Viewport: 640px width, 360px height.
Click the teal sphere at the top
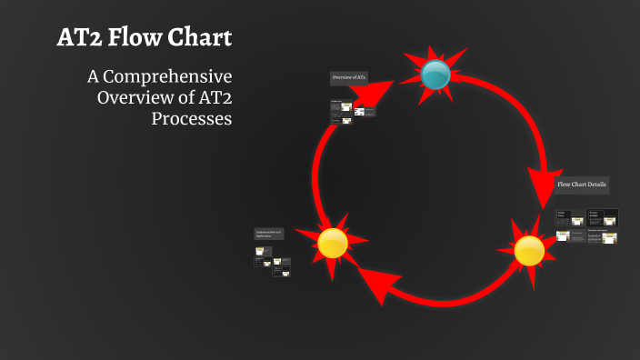click(436, 75)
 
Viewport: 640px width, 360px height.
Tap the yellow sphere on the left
click(333, 243)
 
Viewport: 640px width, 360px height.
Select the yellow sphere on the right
click(529, 250)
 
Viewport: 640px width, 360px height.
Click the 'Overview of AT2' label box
click(349, 79)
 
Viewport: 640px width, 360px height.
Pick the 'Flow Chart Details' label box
click(582, 184)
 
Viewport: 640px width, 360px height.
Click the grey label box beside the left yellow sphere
click(269, 234)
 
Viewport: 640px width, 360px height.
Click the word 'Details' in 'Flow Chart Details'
click(597, 185)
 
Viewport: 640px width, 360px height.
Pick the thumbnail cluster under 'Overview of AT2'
click(352, 112)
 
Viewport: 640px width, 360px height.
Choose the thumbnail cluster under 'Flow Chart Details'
click(586, 227)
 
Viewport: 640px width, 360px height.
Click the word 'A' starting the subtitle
click(91, 75)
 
